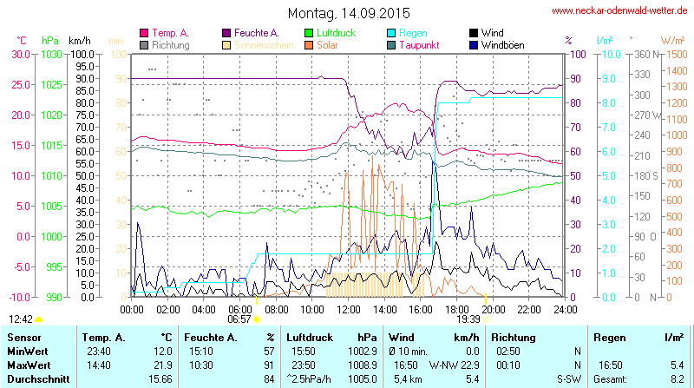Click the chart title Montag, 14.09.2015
click(x=348, y=13)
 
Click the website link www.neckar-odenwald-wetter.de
click(x=619, y=11)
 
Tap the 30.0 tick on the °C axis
click(x=19, y=54)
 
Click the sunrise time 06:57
click(x=239, y=319)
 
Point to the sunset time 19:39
click(x=468, y=319)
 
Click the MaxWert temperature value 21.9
click(x=160, y=365)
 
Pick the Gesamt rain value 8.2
click(x=678, y=378)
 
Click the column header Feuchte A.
click(x=211, y=337)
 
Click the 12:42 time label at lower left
click(x=21, y=319)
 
